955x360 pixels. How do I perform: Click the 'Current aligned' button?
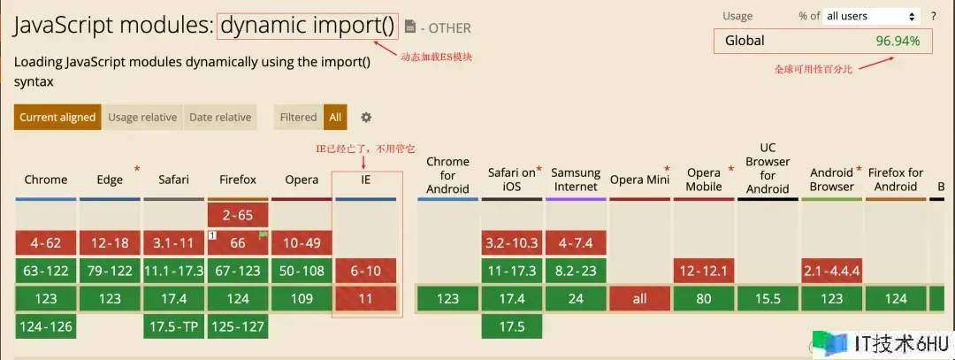point(57,117)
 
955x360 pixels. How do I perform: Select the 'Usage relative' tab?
point(142,117)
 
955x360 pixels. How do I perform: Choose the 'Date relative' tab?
point(220,117)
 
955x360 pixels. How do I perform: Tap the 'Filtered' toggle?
point(299,117)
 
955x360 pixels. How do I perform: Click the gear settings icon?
point(366,117)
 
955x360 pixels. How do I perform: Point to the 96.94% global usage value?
point(898,41)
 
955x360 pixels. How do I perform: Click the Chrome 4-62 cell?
point(46,243)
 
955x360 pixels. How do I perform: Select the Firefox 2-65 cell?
point(238,215)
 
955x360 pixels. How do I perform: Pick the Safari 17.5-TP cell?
point(173,326)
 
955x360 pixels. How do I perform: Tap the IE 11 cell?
point(365,298)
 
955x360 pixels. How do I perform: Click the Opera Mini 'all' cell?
point(639,298)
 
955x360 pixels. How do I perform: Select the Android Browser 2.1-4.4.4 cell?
point(831,271)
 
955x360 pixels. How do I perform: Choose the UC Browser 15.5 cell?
point(768,298)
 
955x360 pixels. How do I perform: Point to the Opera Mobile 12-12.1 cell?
point(704,271)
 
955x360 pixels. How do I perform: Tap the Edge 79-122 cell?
point(111,271)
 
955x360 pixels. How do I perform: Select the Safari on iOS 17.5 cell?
point(512,326)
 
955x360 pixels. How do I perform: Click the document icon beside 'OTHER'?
point(410,27)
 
